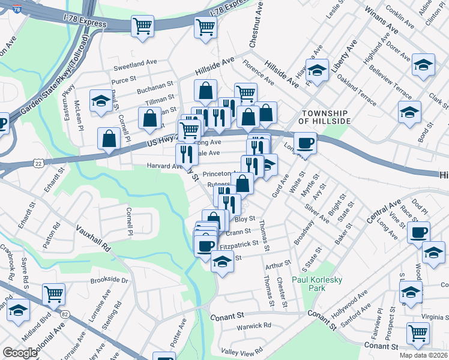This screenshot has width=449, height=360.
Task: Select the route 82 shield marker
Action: [64, 313]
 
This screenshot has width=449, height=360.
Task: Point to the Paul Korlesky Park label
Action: [316, 284]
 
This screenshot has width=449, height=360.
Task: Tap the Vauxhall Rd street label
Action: [94, 237]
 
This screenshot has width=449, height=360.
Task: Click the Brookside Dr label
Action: [109, 280]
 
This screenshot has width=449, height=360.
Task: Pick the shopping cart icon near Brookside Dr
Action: [54, 294]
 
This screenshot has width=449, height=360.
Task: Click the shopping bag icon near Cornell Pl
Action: [110, 139]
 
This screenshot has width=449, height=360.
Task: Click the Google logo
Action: [20, 353]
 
